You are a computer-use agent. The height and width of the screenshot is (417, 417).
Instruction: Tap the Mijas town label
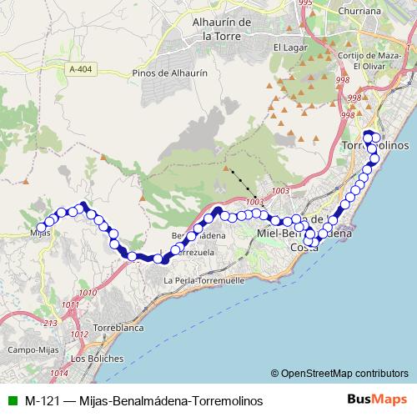[39, 233]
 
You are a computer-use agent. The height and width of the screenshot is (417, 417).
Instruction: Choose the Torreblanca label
[118, 328]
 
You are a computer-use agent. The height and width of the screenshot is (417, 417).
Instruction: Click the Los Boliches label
[98, 359]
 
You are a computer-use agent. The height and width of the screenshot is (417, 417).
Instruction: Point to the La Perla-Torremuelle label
[204, 280]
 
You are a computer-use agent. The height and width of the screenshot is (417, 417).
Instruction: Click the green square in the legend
[12, 401]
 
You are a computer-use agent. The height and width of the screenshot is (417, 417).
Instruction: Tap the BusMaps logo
[377, 401]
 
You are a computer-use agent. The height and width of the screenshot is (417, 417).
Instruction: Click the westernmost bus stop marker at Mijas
[41, 226]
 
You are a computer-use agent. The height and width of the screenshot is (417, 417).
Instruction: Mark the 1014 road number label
[59, 373]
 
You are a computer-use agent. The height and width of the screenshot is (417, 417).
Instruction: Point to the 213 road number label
[50, 323]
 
